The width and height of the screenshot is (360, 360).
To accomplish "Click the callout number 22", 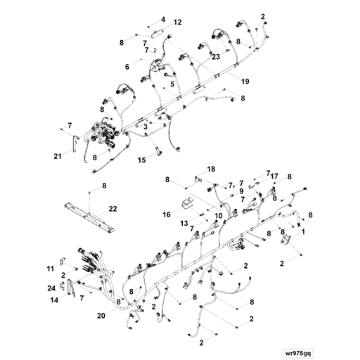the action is click(x=112, y=209).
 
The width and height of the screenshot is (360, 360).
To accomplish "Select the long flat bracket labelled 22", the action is click(x=89, y=218).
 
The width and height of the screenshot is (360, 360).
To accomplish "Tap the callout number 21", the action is click(x=58, y=156).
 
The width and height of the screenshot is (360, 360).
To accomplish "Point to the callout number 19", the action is click(x=245, y=82).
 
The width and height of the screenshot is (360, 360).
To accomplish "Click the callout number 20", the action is click(x=101, y=316).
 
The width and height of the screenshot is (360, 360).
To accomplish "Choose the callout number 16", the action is click(x=167, y=214).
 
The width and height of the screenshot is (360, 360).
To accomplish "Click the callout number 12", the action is click(x=177, y=22).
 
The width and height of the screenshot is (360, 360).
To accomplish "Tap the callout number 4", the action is click(x=163, y=19).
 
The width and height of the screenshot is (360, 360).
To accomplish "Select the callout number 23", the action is click(x=216, y=56).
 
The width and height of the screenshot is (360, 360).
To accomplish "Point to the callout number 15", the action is click(x=142, y=160).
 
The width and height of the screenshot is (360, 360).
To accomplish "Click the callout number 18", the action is click(x=211, y=169).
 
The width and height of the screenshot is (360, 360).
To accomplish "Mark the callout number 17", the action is click(x=274, y=176).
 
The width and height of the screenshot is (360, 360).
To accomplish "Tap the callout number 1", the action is click(x=303, y=232).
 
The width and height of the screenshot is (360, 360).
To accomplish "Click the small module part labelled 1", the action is click(x=286, y=240).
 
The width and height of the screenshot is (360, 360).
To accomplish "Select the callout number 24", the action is click(x=51, y=288).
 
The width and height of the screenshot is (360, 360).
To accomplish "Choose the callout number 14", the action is click(x=54, y=300).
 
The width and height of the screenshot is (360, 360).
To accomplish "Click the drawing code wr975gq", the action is click(x=297, y=353).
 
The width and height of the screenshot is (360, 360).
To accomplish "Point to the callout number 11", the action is click(x=51, y=269).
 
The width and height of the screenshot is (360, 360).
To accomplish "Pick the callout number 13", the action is click(x=184, y=224).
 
